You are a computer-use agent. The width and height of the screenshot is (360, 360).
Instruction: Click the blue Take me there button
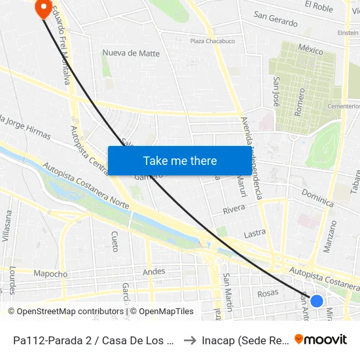click(179, 160)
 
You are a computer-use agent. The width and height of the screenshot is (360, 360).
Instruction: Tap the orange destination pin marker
click(44, 9)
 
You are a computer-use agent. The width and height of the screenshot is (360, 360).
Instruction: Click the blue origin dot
click(316, 301)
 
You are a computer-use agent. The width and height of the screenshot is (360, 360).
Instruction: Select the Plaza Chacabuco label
click(211, 41)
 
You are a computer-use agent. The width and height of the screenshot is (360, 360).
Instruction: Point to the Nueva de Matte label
click(131, 53)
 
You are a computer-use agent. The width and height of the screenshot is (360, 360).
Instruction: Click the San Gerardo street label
click(276, 20)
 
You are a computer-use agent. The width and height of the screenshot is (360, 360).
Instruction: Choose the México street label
click(310, 50)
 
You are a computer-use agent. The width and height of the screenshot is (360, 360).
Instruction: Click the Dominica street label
click(318, 194)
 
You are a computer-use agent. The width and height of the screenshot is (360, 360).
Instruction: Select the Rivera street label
click(234, 209)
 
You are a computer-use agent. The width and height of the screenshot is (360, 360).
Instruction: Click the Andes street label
click(154, 271)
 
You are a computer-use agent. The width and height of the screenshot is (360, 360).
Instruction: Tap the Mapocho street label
click(50, 274)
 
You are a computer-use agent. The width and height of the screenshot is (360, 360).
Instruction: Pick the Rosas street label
click(268, 293)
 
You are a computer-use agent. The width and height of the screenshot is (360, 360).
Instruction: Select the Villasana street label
click(7, 226)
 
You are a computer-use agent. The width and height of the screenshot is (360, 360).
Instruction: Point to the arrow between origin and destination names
click(189, 340)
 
